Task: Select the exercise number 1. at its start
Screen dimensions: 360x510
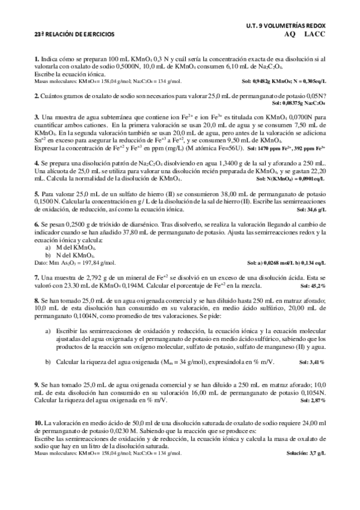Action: (x=37, y=59)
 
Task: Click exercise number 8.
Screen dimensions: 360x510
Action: (x=37, y=299)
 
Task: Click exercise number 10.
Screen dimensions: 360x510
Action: (x=39, y=424)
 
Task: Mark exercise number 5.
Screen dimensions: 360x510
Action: (x=37, y=194)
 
